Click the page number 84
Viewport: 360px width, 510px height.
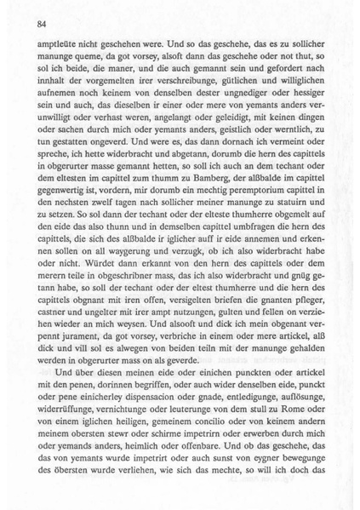pyautogui.click(x=40, y=25)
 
